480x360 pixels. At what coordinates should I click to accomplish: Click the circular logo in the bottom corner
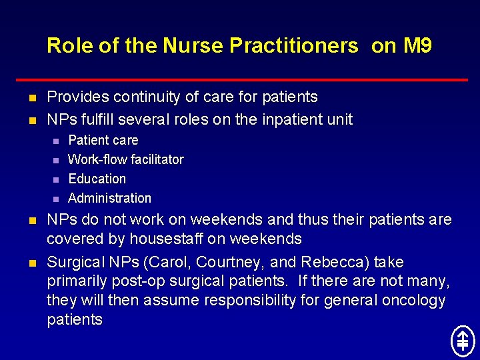coord(462,341)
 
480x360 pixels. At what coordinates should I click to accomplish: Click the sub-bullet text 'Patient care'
coord(103,140)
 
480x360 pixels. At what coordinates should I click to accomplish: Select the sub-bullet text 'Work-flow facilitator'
coord(126,159)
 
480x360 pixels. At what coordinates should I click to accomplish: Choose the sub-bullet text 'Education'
coord(97,179)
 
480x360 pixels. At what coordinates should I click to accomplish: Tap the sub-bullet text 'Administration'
coord(109,198)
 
